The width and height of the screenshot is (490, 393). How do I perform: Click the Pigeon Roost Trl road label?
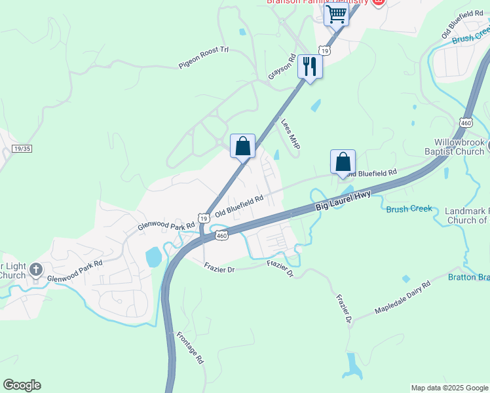click(204, 58)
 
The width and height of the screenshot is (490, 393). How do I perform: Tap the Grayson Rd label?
click(282, 67)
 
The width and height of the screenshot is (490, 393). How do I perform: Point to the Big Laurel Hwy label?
click(343, 200)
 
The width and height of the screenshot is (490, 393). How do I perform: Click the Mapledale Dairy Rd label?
click(402, 297)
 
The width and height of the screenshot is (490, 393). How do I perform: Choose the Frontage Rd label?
click(191, 348)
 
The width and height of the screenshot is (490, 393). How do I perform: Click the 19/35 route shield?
click(21, 149)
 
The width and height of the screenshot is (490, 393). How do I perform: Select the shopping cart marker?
click(336, 14)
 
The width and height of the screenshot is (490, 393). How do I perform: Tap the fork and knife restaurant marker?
click(309, 66)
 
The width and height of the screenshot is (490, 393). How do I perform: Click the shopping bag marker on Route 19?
click(242, 146)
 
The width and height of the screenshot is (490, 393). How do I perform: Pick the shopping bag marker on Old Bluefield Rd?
click(343, 162)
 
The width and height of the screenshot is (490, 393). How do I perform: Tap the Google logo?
click(22, 385)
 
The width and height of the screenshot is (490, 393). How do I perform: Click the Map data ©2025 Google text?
click(449, 388)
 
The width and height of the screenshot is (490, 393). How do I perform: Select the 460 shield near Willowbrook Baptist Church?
click(466, 122)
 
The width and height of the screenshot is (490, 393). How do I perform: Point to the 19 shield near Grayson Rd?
click(324, 50)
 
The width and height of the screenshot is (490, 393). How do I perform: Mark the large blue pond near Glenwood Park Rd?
click(154, 257)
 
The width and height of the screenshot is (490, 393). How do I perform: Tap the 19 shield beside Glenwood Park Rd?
click(204, 218)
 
